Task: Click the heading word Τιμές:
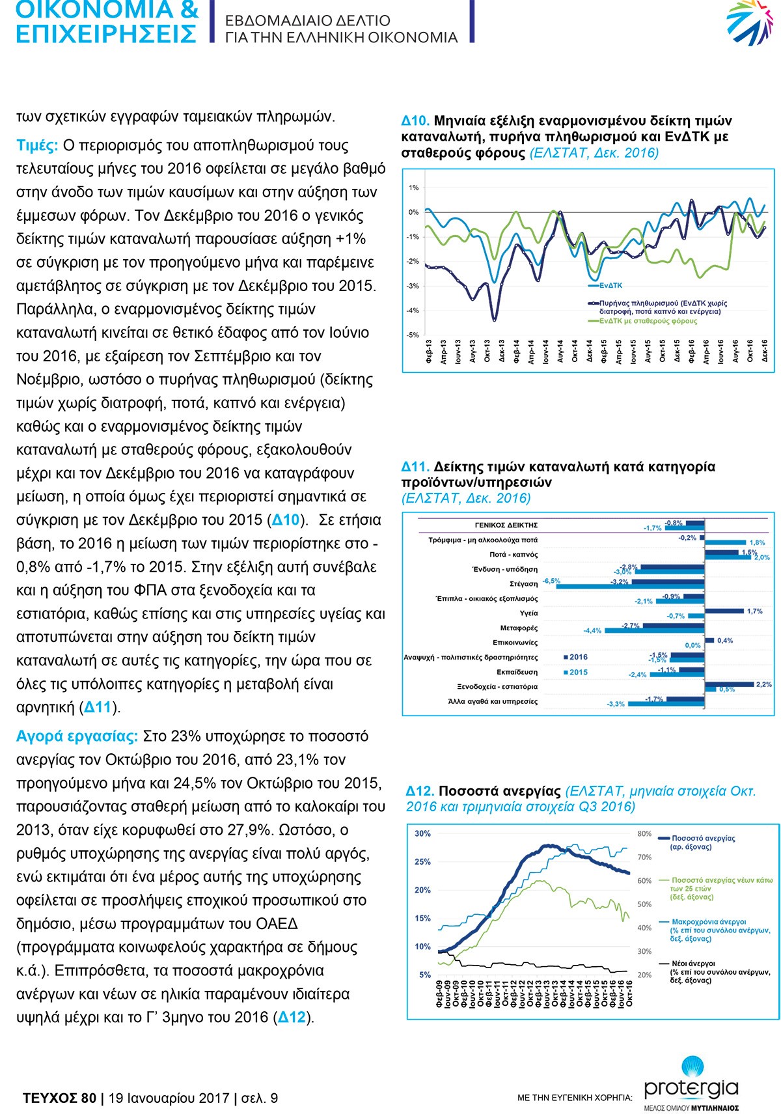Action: [37, 145]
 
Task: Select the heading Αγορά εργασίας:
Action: [77, 736]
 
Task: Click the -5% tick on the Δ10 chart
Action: [413, 335]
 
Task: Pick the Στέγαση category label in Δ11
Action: [523, 584]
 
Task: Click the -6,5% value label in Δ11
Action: [551, 580]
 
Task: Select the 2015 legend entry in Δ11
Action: [575, 672]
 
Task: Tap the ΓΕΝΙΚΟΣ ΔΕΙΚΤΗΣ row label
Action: [506, 525]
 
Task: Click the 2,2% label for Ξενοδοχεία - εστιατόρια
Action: [763, 684]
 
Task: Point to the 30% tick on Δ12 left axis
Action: [422, 833]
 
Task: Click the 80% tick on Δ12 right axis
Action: [644, 833]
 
